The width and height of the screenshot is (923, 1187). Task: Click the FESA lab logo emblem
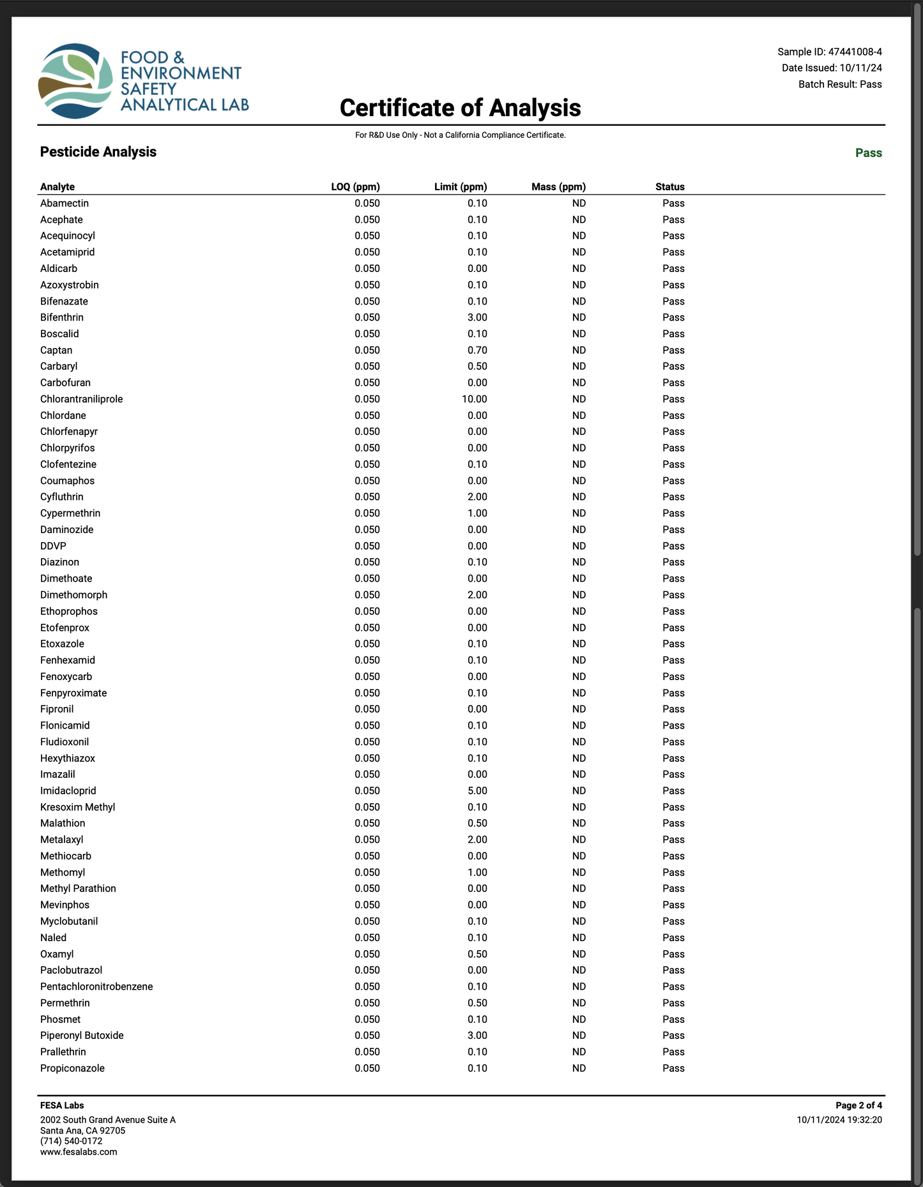tap(75, 81)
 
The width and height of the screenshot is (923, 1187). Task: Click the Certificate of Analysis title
tap(460, 108)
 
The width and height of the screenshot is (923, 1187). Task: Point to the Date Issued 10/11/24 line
tap(832, 68)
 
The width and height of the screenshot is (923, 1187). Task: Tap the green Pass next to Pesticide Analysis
tap(868, 153)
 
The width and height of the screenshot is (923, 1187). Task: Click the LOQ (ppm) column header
tap(355, 187)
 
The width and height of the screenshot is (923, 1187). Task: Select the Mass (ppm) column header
tap(558, 187)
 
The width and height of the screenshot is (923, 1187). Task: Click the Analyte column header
tap(57, 187)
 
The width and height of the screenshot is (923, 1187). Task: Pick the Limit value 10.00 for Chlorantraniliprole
tap(475, 399)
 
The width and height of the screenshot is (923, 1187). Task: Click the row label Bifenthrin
tap(62, 317)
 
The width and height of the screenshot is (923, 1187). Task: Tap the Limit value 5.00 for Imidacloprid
tap(477, 790)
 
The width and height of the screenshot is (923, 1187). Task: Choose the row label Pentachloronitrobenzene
tap(96, 987)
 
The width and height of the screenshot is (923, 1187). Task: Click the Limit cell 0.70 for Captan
tap(477, 350)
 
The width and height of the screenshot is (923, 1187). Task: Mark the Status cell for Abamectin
tap(673, 203)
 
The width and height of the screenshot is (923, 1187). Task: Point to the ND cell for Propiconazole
tap(579, 1068)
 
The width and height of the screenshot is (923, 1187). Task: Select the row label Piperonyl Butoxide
tap(82, 1035)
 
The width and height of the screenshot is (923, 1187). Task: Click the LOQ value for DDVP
tap(367, 546)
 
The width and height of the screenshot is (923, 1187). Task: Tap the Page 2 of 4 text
tap(858, 1105)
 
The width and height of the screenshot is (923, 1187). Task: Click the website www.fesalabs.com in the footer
tap(79, 1152)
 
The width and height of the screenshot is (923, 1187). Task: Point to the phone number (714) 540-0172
tap(71, 1141)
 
